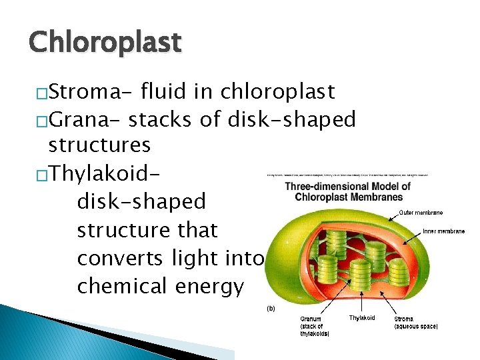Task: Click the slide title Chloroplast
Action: pyautogui.click(x=105, y=42)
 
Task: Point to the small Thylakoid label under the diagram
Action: pyautogui.click(x=362, y=318)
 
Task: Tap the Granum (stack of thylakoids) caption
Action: pyautogui.click(x=314, y=326)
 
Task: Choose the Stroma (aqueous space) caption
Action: pyautogui.click(x=416, y=322)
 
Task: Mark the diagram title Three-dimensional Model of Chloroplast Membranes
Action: pyautogui.click(x=349, y=191)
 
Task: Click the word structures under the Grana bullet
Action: pyautogui.click(x=100, y=145)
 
